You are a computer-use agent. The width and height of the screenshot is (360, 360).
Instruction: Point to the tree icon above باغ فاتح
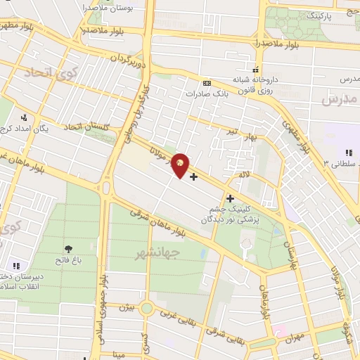point(68,249)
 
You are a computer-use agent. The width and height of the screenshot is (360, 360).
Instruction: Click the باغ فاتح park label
point(68,260)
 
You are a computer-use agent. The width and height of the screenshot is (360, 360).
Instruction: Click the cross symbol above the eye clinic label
point(229,199)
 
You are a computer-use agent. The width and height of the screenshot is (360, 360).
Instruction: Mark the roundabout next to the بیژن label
point(146,308)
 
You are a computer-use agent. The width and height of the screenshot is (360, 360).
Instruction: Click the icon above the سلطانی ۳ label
point(348,153)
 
